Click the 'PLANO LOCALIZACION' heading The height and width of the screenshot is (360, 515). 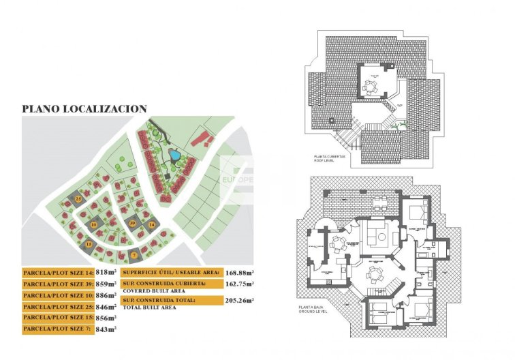point(84,108)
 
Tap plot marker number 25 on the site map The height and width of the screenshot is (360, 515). point(78,198)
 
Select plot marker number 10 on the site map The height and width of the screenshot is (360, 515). point(93,224)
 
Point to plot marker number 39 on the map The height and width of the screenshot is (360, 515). point(132,223)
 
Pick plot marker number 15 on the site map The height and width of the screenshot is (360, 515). point(89,243)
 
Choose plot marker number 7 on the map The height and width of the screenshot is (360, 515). point(134,255)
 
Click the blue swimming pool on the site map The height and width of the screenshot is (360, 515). point(175,155)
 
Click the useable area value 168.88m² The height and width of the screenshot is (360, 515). point(240,273)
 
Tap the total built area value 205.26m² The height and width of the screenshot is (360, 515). point(240,300)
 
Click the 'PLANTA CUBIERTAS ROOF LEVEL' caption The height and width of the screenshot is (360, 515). point(330,158)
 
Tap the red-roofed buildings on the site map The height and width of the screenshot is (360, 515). point(200,140)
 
